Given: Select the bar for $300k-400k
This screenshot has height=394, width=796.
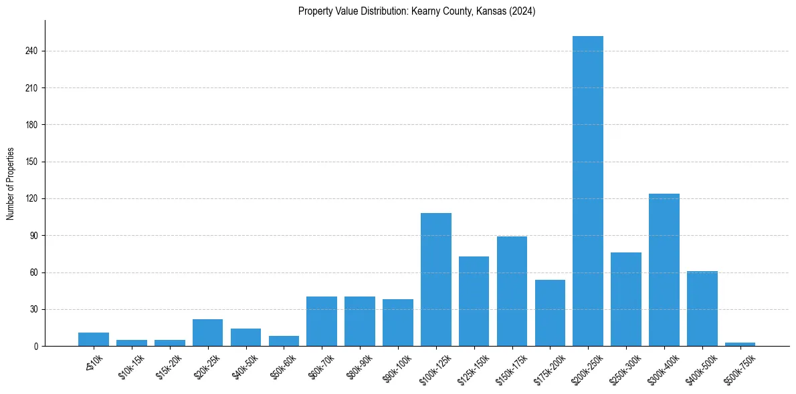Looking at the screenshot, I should [x=664, y=270].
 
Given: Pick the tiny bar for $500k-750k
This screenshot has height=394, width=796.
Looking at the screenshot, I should [x=740, y=344].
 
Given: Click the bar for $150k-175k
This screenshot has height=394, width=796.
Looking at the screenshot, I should [x=512, y=291].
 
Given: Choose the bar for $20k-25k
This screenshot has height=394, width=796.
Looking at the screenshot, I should [x=207, y=333].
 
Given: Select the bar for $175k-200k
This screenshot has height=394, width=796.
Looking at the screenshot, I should [x=550, y=313].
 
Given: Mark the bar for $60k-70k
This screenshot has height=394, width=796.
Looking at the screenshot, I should [x=322, y=321].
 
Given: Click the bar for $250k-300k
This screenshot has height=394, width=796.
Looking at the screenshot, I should [x=626, y=299].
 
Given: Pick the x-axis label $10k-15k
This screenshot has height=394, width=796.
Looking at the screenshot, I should [x=132, y=367].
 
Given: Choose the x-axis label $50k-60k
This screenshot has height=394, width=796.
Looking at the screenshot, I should [x=284, y=367].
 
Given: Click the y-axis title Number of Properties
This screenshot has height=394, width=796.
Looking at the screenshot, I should [x=11, y=184].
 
